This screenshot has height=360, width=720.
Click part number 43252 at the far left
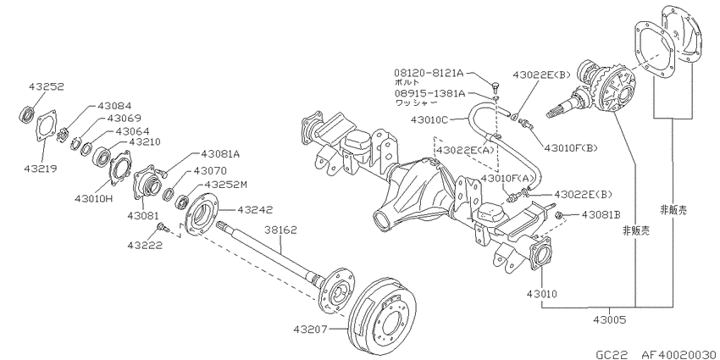click(x=47, y=86)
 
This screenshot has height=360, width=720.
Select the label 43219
click(x=41, y=169)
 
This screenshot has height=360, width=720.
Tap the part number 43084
click(x=114, y=106)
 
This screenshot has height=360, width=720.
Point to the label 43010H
click(x=93, y=198)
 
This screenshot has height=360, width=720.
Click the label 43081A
click(x=219, y=154)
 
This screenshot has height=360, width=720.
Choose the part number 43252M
click(x=225, y=185)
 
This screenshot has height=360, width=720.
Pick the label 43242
click(x=255, y=210)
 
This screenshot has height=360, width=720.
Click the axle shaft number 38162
click(x=280, y=230)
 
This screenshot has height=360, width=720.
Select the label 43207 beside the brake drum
click(x=310, y=329)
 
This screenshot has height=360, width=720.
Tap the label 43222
click(x=145, y=245)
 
